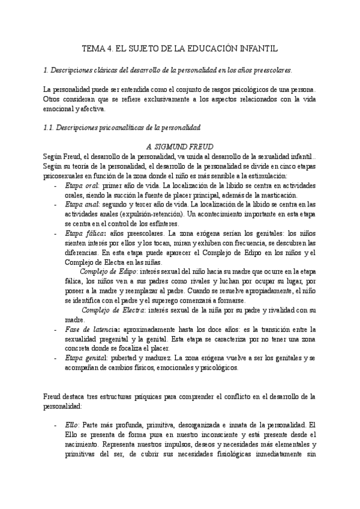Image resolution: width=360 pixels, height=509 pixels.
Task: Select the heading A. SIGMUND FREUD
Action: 179,146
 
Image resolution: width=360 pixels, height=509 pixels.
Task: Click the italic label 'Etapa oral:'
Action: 83,186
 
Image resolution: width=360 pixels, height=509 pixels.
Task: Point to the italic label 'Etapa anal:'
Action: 83,205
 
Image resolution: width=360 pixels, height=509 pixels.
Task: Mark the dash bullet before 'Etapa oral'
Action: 56,186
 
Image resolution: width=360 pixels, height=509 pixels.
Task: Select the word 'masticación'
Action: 276,195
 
